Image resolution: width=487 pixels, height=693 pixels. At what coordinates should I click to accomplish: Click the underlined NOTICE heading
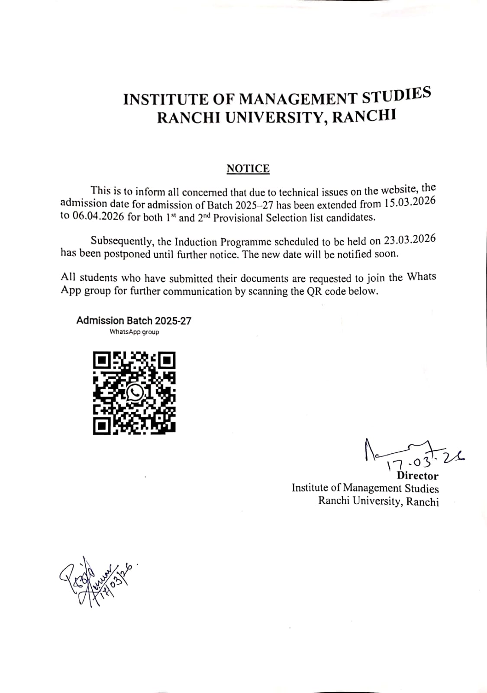[x=248, y=169]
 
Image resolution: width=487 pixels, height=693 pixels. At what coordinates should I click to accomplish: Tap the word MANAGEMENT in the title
[x=299, y=98]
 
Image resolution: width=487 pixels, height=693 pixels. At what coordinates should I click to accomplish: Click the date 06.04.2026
[x=98, y=216]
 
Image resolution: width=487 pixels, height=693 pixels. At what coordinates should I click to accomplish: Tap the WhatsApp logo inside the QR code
[x=135, y=393]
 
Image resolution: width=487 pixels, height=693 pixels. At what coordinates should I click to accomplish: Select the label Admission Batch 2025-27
[x=134, y=321]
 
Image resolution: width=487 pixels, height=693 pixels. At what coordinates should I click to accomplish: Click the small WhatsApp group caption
[x=134, y=332]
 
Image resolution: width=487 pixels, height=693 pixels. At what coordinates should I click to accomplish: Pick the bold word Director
[x=417, y=475]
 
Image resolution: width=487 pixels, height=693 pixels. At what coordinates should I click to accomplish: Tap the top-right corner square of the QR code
[x=167, y=360]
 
